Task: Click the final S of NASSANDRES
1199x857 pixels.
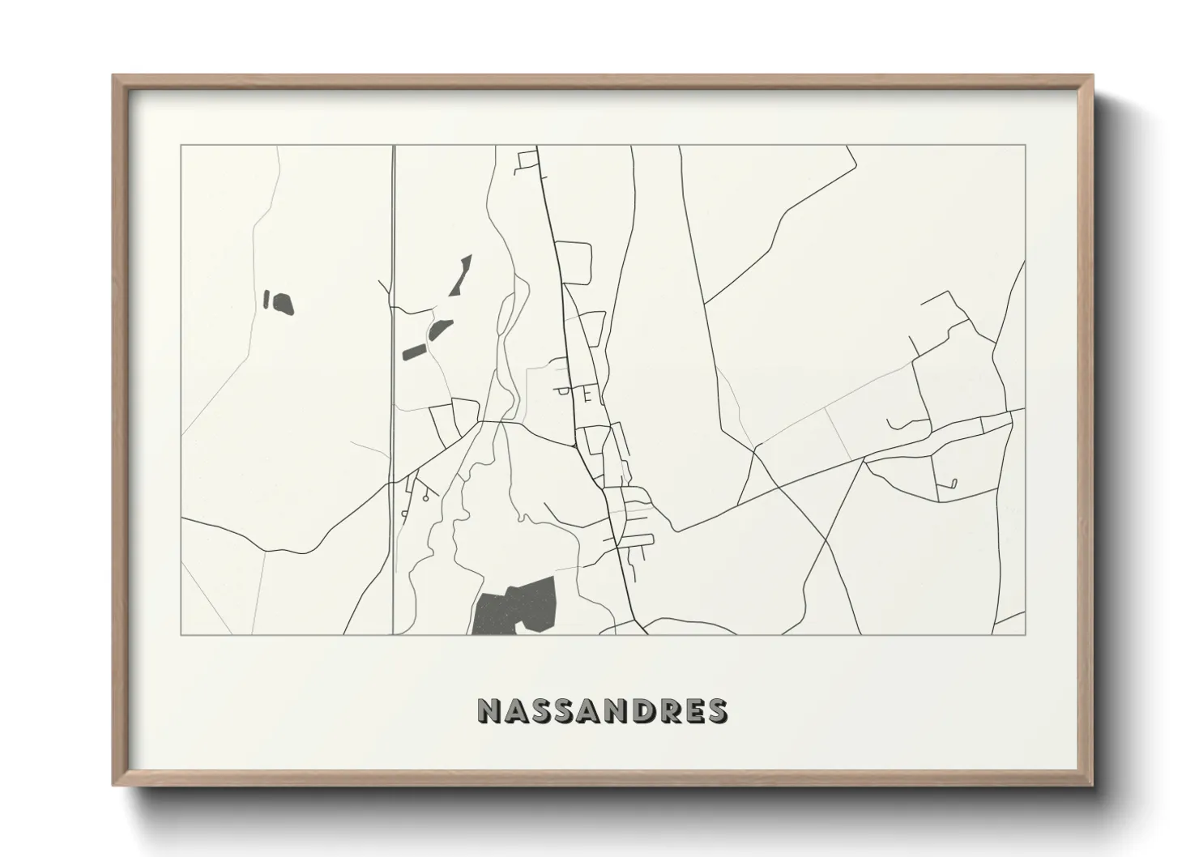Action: pyautogui.click(x=716, y=710)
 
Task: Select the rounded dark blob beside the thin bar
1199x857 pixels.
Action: pyautogui.click(x=283, y=304)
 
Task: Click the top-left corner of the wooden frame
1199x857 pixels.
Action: pyautogui.click(x=115, y=77)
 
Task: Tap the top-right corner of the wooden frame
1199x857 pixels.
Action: pyautogui.click(x=1091, y=77)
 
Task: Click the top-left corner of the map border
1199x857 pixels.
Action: pyautogui.click(x=181, y=145)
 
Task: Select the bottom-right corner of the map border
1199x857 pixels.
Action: pyautogui.click(x=1026, y=634)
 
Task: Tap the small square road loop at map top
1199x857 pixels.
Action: pyautogui.click(x=527, y=159)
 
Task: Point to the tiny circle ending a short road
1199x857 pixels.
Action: pyautogui.click(x=954, y=484)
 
